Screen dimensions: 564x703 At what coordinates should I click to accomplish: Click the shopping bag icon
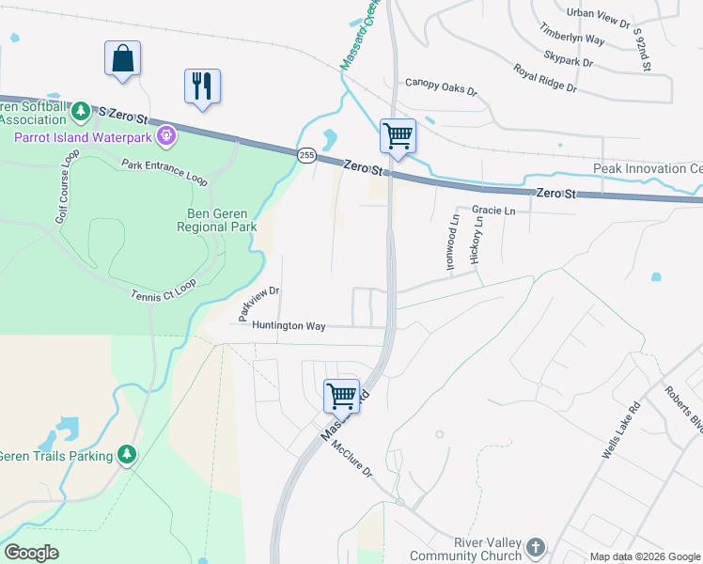[122, 58]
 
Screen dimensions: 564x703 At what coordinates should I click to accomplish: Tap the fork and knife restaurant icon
[202, 86]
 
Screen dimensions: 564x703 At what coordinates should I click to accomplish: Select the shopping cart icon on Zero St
[398, 136]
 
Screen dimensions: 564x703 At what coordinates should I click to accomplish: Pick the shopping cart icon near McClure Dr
[341, 396]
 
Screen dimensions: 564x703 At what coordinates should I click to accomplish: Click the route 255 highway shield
[306, 155]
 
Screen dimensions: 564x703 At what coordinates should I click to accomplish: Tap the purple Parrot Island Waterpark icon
[167, 137]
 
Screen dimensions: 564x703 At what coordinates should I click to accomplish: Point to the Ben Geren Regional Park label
[216, 220]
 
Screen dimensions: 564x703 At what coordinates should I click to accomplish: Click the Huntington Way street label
[288, 326]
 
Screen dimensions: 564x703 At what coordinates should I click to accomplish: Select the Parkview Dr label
[259, 305]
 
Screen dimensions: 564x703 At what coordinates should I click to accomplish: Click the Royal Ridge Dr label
[544, 78]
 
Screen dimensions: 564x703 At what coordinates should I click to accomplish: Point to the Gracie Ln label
[493, 211]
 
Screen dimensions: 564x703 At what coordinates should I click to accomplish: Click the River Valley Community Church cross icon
[535, 546]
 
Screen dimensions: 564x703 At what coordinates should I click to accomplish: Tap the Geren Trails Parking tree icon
[127, 455]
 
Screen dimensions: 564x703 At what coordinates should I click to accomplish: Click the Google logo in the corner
[31, 553]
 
